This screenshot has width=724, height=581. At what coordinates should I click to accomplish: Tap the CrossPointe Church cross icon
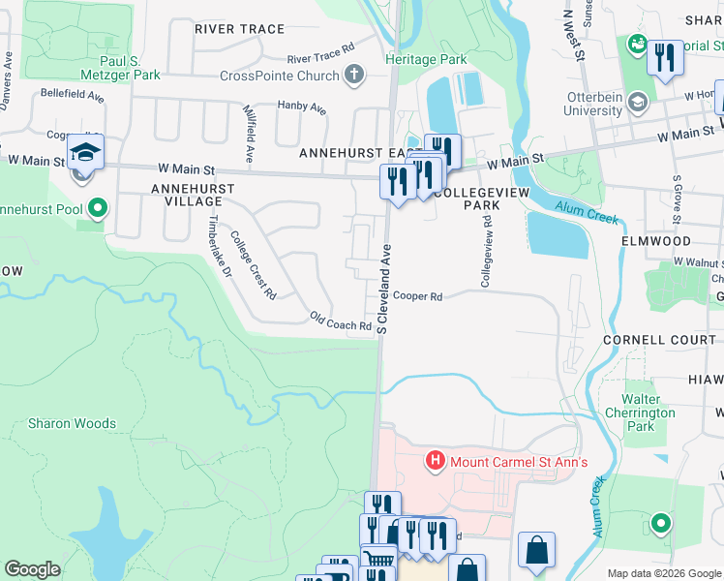click(355, 75)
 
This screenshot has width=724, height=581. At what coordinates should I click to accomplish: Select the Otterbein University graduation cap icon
click(637, 102)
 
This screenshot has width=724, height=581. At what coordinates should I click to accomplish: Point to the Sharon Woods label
click(72, 423)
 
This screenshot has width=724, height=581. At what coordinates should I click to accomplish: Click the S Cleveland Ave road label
click(383, 289)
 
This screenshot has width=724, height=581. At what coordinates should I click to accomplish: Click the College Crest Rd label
click(254, 263)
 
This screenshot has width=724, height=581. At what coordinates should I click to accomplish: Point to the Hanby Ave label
click(301, 106)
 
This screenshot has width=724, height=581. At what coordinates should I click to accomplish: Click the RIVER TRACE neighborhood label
click(239, 29)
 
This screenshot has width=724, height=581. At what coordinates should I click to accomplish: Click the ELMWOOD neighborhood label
click(657, 240)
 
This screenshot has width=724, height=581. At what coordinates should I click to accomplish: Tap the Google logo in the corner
click(32, 569)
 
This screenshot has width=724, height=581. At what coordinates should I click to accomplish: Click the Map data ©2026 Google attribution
click(663, 573)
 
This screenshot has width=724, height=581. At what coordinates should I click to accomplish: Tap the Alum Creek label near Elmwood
click(586, 211)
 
